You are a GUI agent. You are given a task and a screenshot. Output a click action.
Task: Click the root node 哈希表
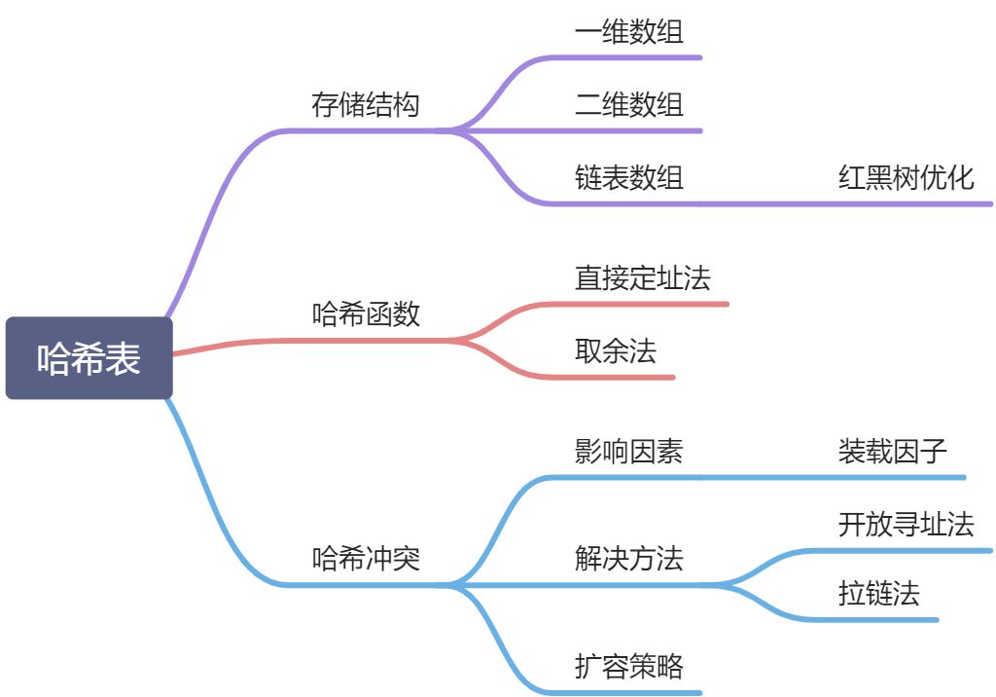click(x=89, y=358)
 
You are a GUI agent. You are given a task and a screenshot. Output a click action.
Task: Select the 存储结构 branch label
click(x=366, y=104)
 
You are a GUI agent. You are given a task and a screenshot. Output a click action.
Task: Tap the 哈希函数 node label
click(x=366, y=314)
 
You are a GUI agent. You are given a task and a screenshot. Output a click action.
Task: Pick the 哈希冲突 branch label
click(x=366, y=559)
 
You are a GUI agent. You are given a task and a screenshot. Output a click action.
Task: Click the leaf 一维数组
click(x=629, y=32)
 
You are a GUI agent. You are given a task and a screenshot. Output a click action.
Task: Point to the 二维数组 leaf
click(x=629, y=104)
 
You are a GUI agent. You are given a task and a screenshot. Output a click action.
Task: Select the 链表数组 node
click(x=629, y=177)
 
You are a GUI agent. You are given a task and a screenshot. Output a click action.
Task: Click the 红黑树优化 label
click(x=906, y=177)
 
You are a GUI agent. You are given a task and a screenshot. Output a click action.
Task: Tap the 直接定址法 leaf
click(x=643, y=278)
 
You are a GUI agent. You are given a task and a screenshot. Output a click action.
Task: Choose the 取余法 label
click(x=616, y=350)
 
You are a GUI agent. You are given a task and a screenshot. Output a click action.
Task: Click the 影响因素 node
click(x=629, y=451)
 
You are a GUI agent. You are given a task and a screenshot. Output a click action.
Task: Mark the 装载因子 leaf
click(x=892, y=451)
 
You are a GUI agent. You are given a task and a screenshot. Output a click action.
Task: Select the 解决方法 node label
click(x=629, y=559)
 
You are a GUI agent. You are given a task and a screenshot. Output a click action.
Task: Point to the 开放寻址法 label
click(x=906, y=524)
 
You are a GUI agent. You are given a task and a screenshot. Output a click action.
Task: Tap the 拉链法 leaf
click(x=878, y=593)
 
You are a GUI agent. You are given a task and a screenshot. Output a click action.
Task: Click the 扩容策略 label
click(x=629, y=667)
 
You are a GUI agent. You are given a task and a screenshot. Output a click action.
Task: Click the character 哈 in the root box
click(x=53, y=358)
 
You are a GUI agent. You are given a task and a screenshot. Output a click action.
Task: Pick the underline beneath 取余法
click(x=622, y=377)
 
